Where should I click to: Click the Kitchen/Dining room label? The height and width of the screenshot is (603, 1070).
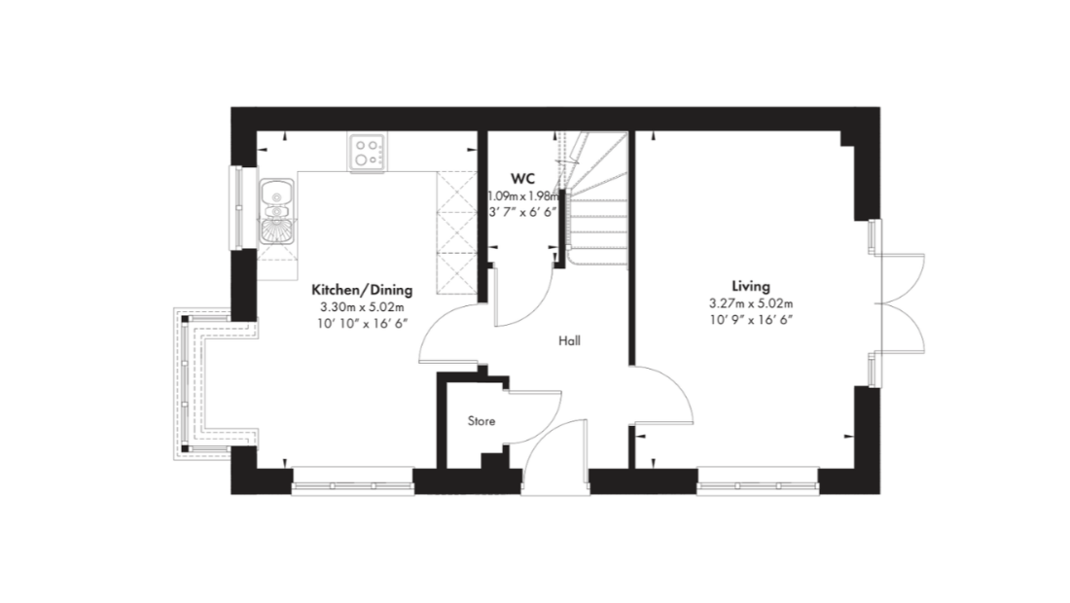coord(362,290)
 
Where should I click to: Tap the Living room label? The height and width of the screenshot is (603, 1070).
coord(751,287)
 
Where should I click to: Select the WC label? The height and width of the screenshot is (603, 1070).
coord(522,179)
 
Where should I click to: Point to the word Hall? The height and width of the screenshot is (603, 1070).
coord(570,340)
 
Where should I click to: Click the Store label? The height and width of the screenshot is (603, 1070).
coord(481,421)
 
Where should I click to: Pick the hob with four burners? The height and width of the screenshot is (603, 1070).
coord(367,152)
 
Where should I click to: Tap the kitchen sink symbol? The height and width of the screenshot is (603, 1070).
coord(276,211)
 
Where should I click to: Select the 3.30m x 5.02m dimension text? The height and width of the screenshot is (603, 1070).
coord(362,307)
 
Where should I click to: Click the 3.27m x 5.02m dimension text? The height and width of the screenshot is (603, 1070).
coord(751,303)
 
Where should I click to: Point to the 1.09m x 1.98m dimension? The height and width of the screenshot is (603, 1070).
coord(523,196)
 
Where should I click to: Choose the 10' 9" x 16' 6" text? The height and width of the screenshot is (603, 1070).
coord(751,319)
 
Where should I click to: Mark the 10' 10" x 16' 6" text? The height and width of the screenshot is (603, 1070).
coord(362,323)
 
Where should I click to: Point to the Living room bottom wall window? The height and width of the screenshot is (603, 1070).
coord(758,485)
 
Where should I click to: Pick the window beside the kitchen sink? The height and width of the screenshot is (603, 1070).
coord(237,207)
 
